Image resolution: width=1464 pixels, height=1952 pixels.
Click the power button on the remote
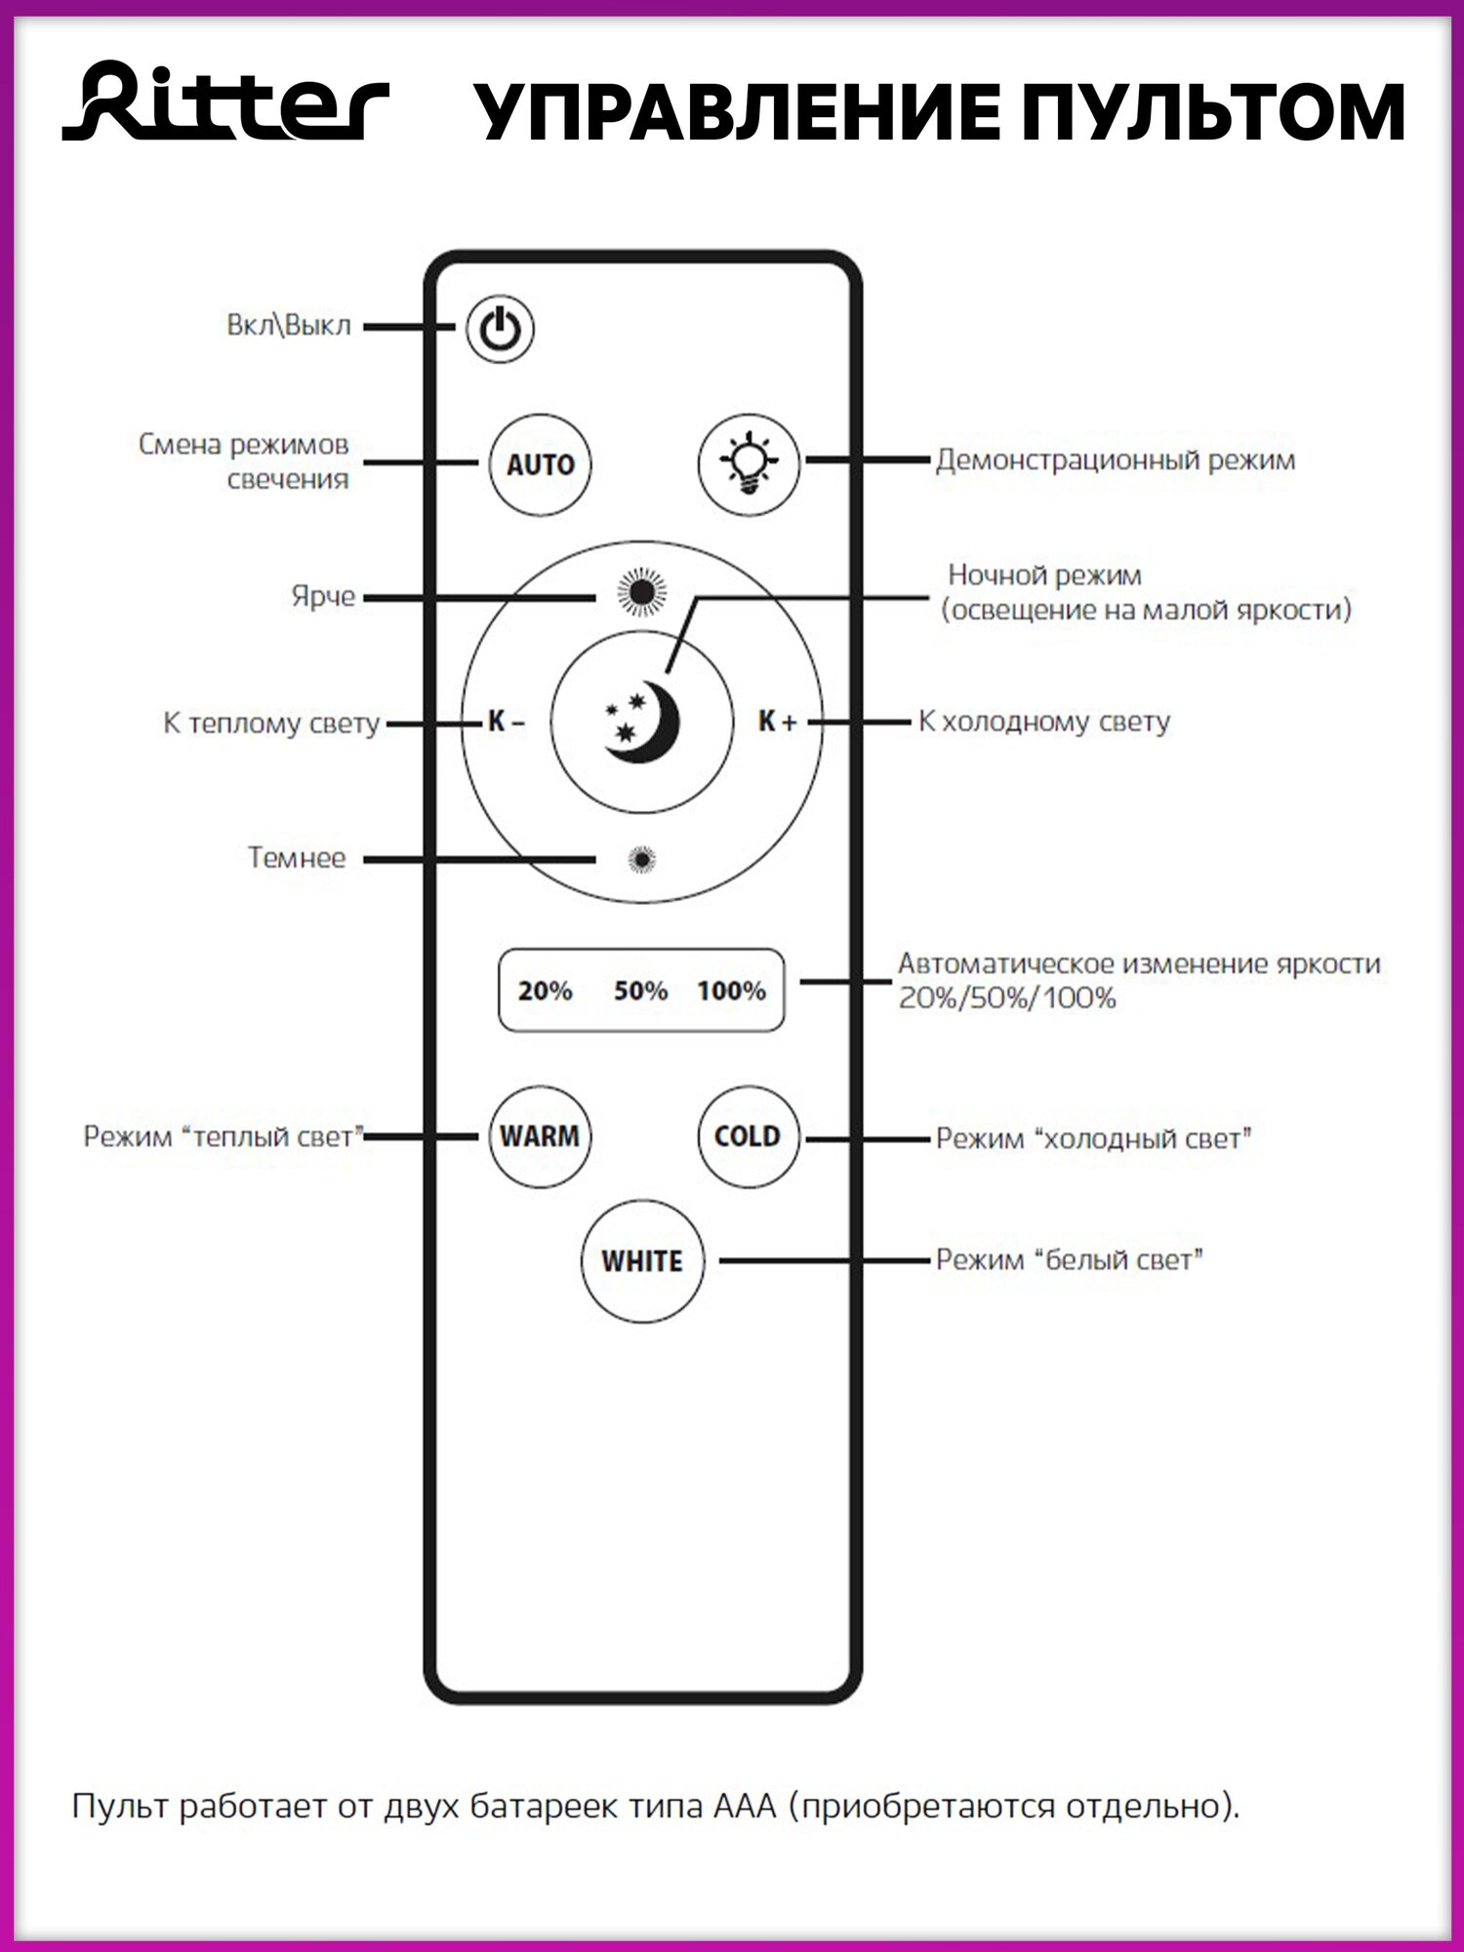point(500,329)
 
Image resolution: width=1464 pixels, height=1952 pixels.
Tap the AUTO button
point(540,465)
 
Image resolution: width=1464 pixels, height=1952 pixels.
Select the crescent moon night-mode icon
point(641,722)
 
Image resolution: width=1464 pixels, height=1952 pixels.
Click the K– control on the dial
point(506,722)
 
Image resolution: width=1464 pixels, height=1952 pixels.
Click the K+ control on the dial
point(777,722)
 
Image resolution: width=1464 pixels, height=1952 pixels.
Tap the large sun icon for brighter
point(641,592)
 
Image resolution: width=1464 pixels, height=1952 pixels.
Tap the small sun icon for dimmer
point(641,859)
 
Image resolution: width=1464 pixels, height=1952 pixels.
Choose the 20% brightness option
point(545,991)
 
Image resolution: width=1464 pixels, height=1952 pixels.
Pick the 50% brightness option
point(640,991)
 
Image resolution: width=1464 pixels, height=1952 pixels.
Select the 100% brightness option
point(731,991)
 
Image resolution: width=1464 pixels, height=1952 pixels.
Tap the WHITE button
point(642,1261)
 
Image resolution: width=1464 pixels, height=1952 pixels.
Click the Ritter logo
point(226,102)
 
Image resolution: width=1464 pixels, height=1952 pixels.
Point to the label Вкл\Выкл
point(288,325)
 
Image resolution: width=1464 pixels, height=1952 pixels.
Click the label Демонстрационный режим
point(1116,460)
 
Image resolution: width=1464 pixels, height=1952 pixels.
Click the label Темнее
point(297,858)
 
